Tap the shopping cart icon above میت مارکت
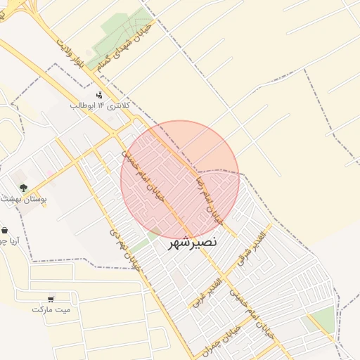pyautogui.click(x=51, y=299)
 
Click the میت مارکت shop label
pyautogui.click(x=51, y=309)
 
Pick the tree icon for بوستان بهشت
pyautogui.click(x=23, y=188)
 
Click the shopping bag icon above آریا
pyautogui.click(x=5, y=230)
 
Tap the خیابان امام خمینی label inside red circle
pyautogui.click(x=144, y=177)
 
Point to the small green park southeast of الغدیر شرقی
pyautogui.click(x=324, y=319)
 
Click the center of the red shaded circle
pyautogui.click(x=180, y=179)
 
